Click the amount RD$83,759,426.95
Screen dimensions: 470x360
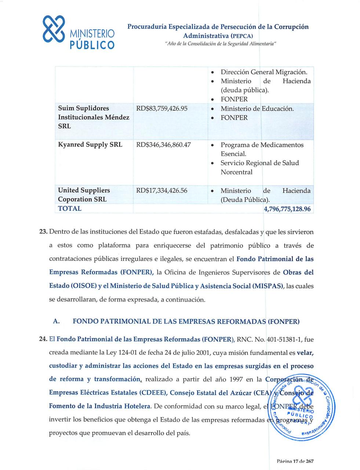point(161,109)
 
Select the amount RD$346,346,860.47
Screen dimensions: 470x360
point(163,145)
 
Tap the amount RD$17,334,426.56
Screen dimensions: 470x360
point(161,191)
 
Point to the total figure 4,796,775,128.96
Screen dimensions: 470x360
point(287,209)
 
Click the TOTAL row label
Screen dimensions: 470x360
point(70,209)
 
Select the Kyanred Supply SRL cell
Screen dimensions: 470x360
point(90,145)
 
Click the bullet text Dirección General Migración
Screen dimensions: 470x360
point(263,72)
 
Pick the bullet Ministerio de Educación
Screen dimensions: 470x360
point(257,109)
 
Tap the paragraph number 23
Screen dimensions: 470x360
point(43,232)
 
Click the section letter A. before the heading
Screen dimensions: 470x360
point(56,322)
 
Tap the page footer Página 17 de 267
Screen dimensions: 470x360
point(295,461)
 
